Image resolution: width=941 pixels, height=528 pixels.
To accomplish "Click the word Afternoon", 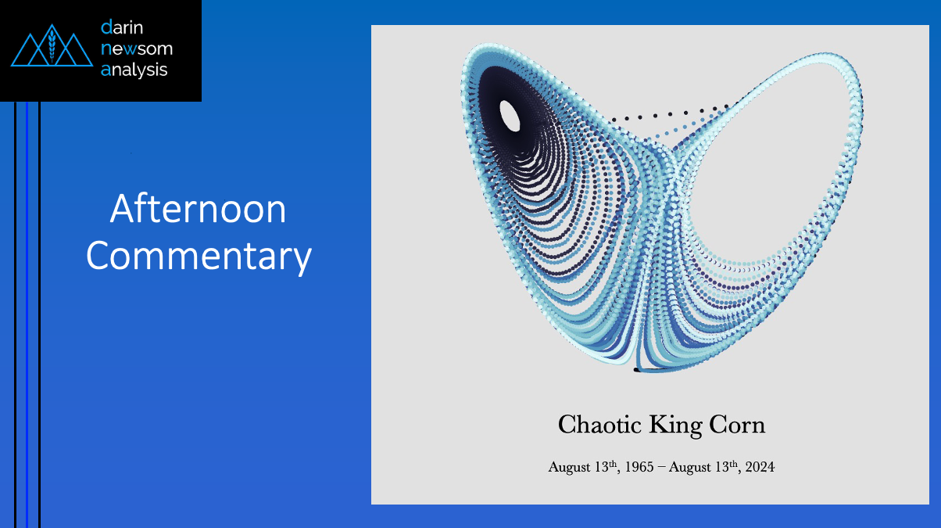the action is pyautogui.click(x=198, y=209).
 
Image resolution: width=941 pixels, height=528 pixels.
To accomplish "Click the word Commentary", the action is pyautogui.click(x=199, y=257).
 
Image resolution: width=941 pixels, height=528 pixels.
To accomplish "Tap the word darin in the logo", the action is pyautogui.click(x=122, y=27).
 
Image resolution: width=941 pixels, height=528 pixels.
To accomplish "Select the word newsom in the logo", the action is pyautogui.click(x=137, y=48).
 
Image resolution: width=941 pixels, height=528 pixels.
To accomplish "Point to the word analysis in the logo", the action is pyautogui.click(x=134, y=70).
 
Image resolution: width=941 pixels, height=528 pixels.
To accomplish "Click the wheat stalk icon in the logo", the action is pyautogui.click(x=52, y=45).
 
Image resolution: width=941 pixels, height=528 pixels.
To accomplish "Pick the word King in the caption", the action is pyautogui.click(x=675, y=426).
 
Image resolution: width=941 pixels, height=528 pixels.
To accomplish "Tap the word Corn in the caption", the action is pyautogui.click(x=737, y=425).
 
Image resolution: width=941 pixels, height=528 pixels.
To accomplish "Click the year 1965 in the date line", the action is pyautogui.click(x=639, y=467).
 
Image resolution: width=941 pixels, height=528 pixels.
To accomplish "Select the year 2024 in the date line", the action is pyautogui.click(x=760, y=467).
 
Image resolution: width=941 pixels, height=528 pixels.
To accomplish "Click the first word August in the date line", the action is pyautogui.click(x=569, y=468).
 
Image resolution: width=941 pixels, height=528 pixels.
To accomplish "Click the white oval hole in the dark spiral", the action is pyautogui.click(x=510, y=116).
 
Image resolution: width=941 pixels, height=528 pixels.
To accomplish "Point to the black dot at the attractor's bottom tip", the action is pyautogui.click(x=636, y=370).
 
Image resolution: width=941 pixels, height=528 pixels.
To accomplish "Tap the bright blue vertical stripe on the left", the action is pyautogui.click(x=27, y=315).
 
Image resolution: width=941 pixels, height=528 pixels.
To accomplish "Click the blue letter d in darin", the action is pyautogui.click(x=106, y=27).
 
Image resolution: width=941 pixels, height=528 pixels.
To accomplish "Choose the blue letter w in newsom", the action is pyautogui.click(x=131, y=49).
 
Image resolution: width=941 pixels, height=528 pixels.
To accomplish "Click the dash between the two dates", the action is pyautogui.click(x=660, y=468).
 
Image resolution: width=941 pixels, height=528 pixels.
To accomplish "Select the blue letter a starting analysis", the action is pyautogui.click(x=106, y=70).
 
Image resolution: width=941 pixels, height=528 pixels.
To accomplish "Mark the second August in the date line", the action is pyautogui.click(x=690, y=468).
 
